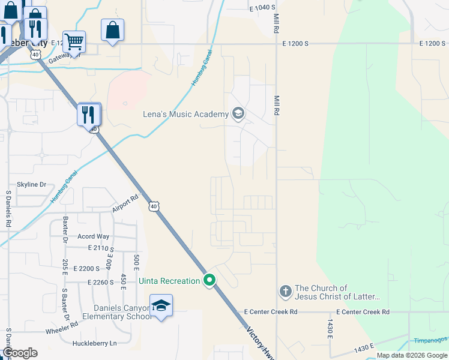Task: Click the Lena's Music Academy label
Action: pos(185,114)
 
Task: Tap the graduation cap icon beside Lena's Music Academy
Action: pos(238,113)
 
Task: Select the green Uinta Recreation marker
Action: pos(209,280)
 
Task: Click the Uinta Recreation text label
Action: pos(169,281)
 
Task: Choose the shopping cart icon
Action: pos(74,41)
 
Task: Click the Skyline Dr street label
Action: pos(31,185)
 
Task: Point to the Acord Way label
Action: pos(93,236)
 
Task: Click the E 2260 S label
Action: pos(100,282)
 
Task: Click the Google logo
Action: pos(20,353)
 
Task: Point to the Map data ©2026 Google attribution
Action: pos(411,355)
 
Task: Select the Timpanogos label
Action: pos(430,340)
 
